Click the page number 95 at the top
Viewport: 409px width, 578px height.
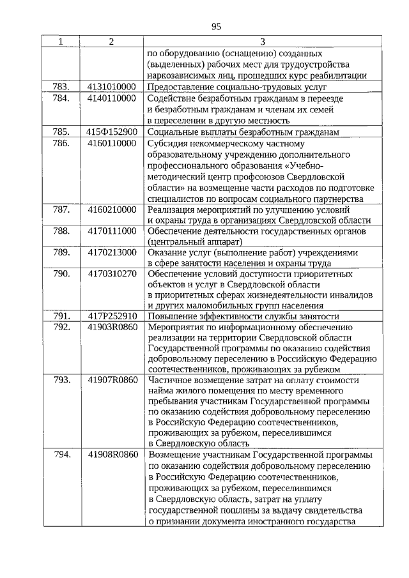point(215,26)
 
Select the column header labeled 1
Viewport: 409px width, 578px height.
point(60,42)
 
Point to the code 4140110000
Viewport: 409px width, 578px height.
point(112,98)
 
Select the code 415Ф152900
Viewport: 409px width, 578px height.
point(112,132)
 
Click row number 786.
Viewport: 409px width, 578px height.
point(61,144)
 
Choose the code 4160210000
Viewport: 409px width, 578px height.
point(112,209)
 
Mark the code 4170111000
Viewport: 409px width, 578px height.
point(112,231)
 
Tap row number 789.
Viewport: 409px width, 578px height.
point(61,253)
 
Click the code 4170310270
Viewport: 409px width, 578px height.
point(112,275)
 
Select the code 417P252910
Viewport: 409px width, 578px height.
point(112,317)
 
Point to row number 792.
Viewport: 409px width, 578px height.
point(61,328)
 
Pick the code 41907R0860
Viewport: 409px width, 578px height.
point(112,381)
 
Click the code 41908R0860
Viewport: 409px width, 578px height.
point(112,455)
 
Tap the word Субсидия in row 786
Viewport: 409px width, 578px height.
point(167,144)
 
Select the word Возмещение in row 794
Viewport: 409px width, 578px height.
point(174,455)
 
